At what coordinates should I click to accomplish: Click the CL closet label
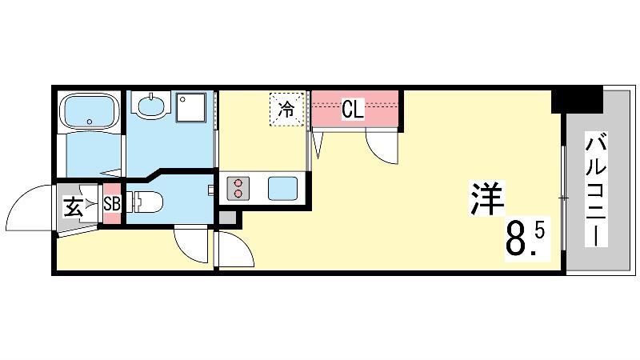pyautogui.click(x=353, y=110)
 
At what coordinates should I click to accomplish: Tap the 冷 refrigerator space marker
pyautogui.click(x=286, y=110)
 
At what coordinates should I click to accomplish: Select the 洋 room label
pyautogui.click(x=487, y=198)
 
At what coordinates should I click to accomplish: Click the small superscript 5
pyautogui.click(x=538, y=231)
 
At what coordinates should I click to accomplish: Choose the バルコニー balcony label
pyautogui.click(x=596, y=190)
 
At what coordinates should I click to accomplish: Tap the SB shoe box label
pyautogui.click(x=112, y=204)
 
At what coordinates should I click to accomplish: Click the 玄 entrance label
pyautogui.click(x=74, y=206)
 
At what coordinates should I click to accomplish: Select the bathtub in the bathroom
pyautogui.click(x=90, y=110)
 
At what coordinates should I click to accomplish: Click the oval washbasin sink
pyautogui.click(x=151, y=106)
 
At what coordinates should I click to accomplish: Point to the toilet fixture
pyautogui.click(x=145, y=202)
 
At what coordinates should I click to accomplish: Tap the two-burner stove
pyautogui.click(x=238, y=188)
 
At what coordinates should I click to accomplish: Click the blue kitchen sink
pyautogui.click(x=282, y=189)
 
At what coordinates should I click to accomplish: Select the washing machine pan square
pyautogui.click(x=190, y=108)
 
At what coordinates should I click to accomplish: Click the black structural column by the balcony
pyautogui.click(x=577, y=99)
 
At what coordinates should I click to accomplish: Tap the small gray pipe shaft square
pyautogui.click(x=227, y=218)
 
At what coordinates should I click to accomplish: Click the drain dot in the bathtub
pyautogui.click(x=90, y=122)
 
